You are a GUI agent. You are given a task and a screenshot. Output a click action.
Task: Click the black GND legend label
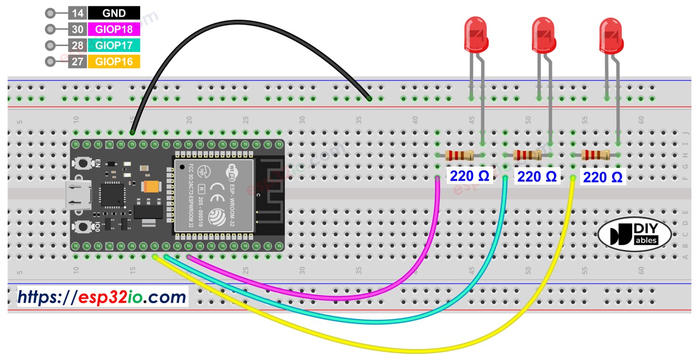[114, 13]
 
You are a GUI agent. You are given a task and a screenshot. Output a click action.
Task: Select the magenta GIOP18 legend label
[114, 29]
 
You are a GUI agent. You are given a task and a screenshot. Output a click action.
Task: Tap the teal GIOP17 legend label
[114, 45]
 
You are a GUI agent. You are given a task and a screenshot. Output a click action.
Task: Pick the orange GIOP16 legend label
[114, 61]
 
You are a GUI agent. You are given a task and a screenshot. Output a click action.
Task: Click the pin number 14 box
[77, 13]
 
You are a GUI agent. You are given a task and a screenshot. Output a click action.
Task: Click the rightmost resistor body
[595, 155]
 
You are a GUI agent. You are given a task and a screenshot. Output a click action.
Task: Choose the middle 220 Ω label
[537, 177]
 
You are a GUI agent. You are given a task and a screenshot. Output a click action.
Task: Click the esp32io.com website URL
[102, 297]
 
